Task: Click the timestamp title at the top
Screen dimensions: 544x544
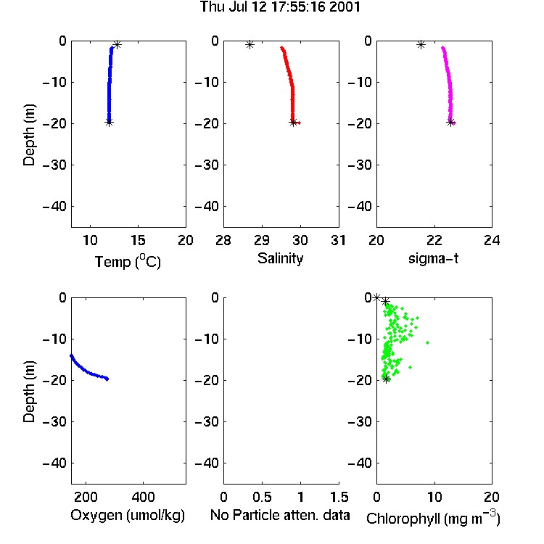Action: click(x=280, y=7)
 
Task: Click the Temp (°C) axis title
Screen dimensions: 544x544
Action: click(x=128, y=261)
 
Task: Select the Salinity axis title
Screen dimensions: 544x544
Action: click(x=280, y=258)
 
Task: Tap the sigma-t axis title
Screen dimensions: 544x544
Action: click(x=433, y=258)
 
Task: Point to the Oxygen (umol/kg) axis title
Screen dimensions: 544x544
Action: click(x=128, y=516)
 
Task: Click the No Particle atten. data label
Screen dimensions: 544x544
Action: click(x=280, y=515)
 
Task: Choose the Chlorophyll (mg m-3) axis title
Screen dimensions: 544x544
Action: click(x=433, y=518)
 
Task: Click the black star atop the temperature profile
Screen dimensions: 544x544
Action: click(x=118, y=44)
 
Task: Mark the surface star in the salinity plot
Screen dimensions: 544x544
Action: click(x=250, y=44)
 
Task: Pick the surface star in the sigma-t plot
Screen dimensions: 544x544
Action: click(x=421, y=44)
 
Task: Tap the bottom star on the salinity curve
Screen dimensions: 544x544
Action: click(x=293, y=122)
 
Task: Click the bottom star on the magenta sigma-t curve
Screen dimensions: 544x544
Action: click(x=450, y=122)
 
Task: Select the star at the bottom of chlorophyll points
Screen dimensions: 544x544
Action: click(x=386, y=379)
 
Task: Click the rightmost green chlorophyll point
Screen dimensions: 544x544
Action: click(x=427, y=342)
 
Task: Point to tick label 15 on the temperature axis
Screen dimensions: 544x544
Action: click(x=138, y=240)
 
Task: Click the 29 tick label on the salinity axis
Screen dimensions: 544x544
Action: click(x=262, y=240)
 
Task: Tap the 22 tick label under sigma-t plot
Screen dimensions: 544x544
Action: click(x=434, y=240)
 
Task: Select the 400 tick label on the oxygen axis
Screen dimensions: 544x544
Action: click(x=143, y=497)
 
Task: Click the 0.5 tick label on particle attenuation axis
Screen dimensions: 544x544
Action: click(x=262, y=497)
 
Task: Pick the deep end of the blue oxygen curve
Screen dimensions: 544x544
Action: click(x=107, y=379)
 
